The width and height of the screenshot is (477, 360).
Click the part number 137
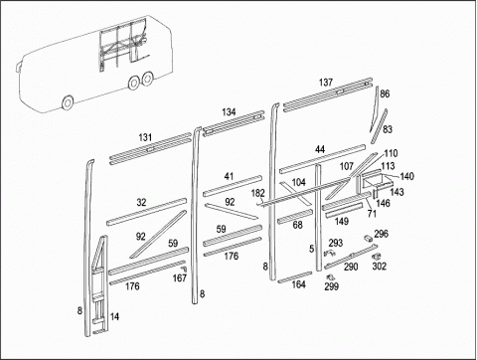(326, 83)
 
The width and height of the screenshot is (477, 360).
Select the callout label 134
(229, 112)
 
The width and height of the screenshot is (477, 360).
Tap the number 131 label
(145, 137)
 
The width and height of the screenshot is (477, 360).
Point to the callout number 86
(385, 93)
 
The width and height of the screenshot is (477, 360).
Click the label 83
(388, 129)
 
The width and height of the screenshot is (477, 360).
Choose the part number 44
(320, 149)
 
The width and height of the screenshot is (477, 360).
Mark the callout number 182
(258, 193)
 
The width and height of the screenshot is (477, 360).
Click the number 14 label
(114, 316)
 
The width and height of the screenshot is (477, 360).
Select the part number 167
(180, 277)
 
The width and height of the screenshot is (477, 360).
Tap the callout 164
(298, 284)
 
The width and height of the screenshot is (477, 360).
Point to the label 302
(380, 267)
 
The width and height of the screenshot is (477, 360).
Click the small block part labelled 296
(368, 238)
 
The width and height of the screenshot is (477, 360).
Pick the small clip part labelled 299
(330, 276)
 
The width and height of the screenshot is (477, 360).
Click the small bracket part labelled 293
(329, 254)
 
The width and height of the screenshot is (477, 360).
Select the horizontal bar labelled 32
(147, 212)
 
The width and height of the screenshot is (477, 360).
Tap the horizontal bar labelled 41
(233, 186)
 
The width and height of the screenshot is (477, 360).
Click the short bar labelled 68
(295, 216)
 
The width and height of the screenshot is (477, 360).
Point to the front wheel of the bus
(68, 102)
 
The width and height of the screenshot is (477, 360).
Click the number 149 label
(342, 221)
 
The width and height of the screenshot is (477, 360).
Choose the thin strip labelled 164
(295, 277)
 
